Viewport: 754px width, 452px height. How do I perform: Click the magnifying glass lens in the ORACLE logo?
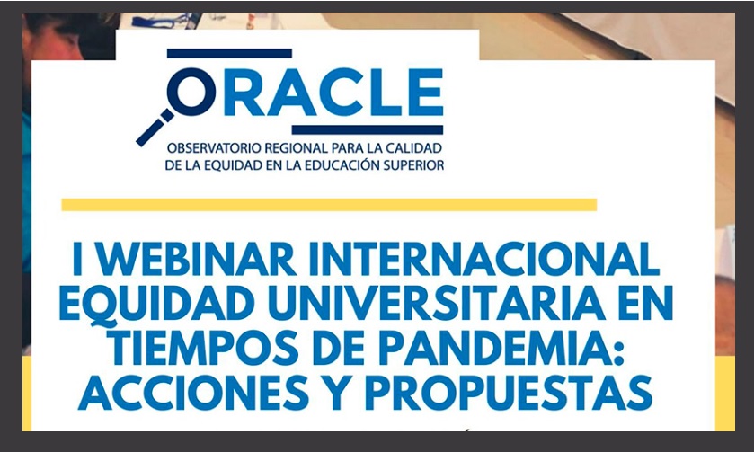(x=191, y=92)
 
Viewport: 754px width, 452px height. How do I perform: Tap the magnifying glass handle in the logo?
(x=155, y=128)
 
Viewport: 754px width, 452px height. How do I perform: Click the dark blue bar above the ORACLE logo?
(x=229, y=53)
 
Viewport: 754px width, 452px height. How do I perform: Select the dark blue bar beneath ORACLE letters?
(x=368, y=129)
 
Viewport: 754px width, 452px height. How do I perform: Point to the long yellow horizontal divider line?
(x=329, y=205)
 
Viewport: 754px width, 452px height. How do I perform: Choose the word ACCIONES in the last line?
(x=193, y=393)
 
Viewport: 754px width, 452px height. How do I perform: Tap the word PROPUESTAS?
(x=509, y=393)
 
